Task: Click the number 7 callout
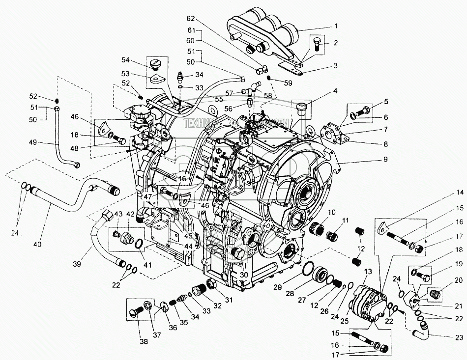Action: coord(385,130)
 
